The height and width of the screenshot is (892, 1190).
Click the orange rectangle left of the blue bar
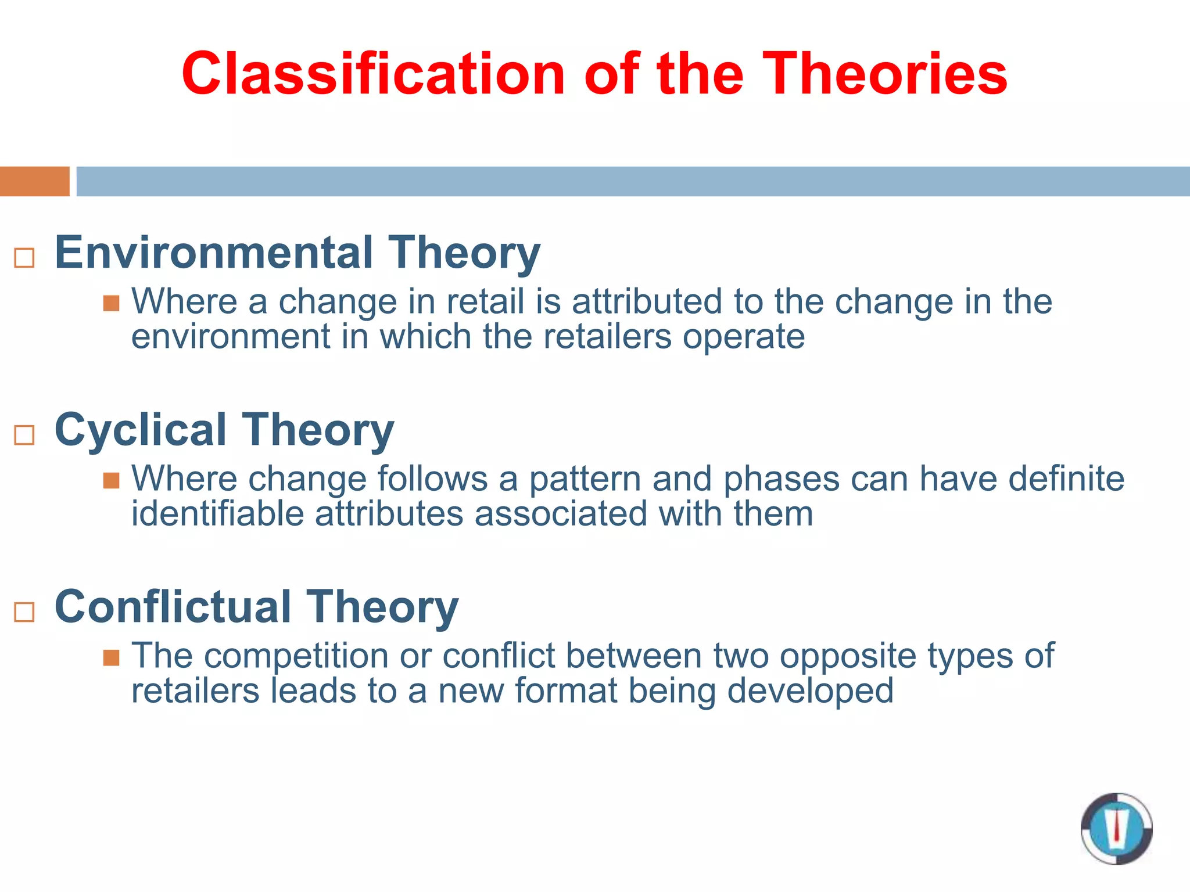(x=34, y=181)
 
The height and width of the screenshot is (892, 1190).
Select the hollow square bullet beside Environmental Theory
(x=24, y=258)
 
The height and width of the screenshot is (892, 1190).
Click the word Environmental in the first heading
(x=214, y=253)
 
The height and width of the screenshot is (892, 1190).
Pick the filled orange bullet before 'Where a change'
(x=111, y=303)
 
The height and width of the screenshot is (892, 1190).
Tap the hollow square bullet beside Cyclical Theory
(x=24, y=435)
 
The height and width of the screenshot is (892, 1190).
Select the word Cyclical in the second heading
(x=140, y=430)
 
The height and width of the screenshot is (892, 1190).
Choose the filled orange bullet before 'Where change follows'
(x=111, y=480)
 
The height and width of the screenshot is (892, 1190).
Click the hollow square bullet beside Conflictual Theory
(x=24, y=612)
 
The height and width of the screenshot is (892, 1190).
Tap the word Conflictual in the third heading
(x=173, y=607)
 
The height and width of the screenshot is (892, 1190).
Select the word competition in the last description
(x=296, y=656)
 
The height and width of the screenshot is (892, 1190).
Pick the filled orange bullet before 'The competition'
(x=111, y=657)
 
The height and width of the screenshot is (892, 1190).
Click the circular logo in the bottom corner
(x=1116, y=828)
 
